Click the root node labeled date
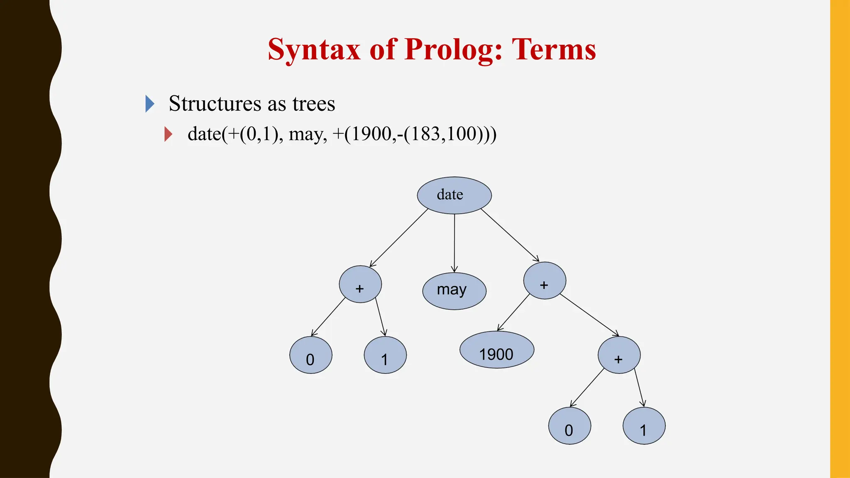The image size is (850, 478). [x=454, y=195]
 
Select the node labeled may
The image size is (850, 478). [x=454, y=290]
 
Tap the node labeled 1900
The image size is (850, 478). [x=496, y=350]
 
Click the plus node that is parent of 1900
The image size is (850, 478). [x=544, y=280]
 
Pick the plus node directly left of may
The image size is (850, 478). [x=360, y=284]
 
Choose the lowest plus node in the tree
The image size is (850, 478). [x=619, y=355]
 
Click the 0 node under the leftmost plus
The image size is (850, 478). [x=310, y=355]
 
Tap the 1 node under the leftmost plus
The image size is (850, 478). [x=385, y=355]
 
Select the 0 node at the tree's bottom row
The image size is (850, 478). [x=569, y=426]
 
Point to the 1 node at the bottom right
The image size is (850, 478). [x=644, y=426]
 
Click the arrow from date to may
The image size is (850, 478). [x=454, y=243]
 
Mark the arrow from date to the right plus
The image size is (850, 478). [x=510, y=235]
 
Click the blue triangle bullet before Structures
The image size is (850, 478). [x=150, y=104]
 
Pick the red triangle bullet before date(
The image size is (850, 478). [x=168, y=134]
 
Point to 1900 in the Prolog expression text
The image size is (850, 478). [x=371, y=134]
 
